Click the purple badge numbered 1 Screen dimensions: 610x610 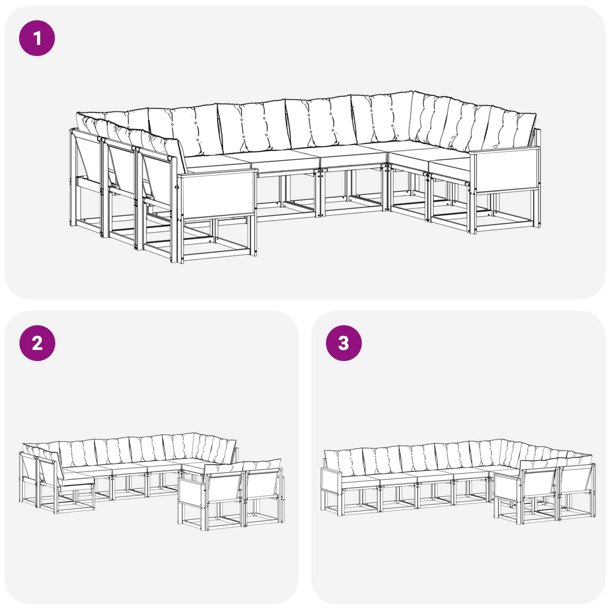click(37, 38)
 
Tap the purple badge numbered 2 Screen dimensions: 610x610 click(37, 343)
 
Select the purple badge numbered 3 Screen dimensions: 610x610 click(344, 343)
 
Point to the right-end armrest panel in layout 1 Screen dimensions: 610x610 click(505, 170)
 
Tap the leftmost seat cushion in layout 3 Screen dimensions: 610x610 click(360, 481)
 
